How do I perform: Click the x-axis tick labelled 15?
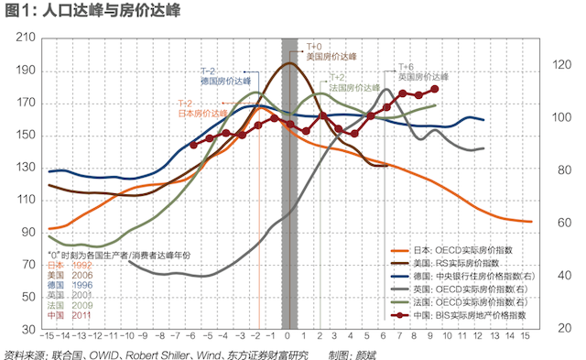coord(525,337)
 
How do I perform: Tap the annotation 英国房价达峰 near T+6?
coord(423,78)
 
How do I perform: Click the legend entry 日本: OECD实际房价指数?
coord(462,249)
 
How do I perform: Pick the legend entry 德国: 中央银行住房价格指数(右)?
coord(475,274)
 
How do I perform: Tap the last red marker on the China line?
coord(434,89)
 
